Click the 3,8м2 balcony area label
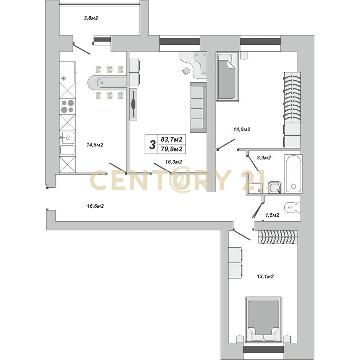(x=91, y=18)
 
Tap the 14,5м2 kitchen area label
(x=95, y=145)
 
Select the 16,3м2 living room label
(x=173, y=162)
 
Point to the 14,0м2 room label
(x=242, y=130)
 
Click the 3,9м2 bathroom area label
(x=264, y=158)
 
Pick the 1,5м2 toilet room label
(x=272, y=215)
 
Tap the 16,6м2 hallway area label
(x=95, y=206)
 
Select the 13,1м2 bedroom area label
(x=265, y=277)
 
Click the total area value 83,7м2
(x=172, y=139)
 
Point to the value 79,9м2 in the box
(x=172, y=149)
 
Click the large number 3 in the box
(x=152, y=145)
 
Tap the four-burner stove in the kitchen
(x=68, y=106)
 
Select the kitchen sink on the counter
(x=67, y=138)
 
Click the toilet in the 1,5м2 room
(x=292, y=208)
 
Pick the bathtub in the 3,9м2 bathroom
(x=293, y=174)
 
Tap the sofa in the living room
(x=199, y=108)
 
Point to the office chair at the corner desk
(x=186, y=70)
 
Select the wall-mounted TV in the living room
(x=133, y=104)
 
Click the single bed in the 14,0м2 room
(x=227, y=77)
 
